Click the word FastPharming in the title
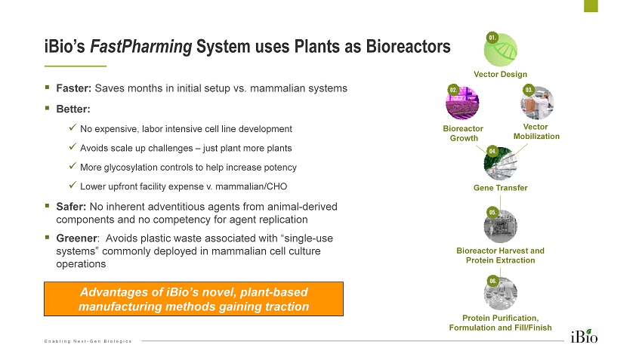[140, 47]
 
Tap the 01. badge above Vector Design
[492, 37]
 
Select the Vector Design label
[500, 74]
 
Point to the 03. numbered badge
[529, 90]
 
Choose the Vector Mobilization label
[536, 131]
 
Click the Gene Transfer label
[500, 188]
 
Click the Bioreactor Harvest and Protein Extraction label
[500, 255]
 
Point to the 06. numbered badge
[492, 281]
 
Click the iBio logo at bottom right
[585, 335]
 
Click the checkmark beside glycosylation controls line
[72, 167]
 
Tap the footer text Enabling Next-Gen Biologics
[88, 341]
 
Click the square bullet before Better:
[48, 108]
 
